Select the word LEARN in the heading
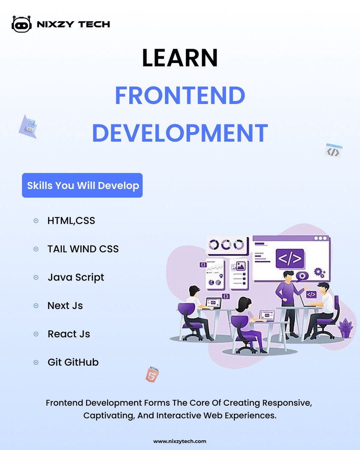[x=180, y=58]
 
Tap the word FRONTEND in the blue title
[x=180, y=95]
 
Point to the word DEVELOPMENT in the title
[x=180, y=132]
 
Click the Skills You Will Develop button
[x=82, y=185]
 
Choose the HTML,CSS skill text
[x=71, y=220]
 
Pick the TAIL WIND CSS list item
[x=83, y=249]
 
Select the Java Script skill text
[x=76, y=277]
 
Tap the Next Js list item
[x=65, y=306]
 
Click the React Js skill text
[x=69, y=334]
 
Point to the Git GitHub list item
[x=73, y=362]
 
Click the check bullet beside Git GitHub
[x=36, y=362]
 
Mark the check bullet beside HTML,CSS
[x=36, y=220]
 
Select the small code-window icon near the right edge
[x=333, y=150]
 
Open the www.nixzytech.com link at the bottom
[x=180, y=441]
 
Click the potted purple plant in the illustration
[x=345, y=328]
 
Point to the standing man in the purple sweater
[x=289, y=296]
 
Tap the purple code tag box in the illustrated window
[x=290, y=259]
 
